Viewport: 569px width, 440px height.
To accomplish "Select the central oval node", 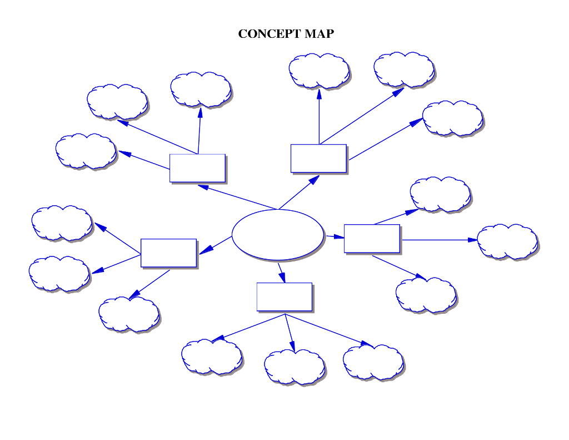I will click(x=277, y=234).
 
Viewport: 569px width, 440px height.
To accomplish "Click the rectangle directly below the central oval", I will click(x=284, y=296).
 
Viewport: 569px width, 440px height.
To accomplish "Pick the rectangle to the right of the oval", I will click(x=372, y=238).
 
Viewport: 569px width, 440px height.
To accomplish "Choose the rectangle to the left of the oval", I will click(x=168, y=253).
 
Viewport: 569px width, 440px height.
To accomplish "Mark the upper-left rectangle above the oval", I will click(x=197, y=167).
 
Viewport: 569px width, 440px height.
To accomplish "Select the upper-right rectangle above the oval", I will click(x=318, y=158).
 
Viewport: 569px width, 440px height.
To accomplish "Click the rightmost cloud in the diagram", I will click(x=507, y=241).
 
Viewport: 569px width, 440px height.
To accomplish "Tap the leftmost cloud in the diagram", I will click(x=59, y=274).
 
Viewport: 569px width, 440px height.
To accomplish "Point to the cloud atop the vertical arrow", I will click(x=319, y=71).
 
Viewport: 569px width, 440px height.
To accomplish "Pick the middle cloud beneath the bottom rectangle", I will click(x=295, y=367).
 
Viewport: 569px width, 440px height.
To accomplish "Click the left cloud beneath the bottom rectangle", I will click(x=212, y=357).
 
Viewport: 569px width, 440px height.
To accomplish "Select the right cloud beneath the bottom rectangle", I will click(x=373, y=362).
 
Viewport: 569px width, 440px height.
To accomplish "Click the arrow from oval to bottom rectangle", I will click(x=281, y=272).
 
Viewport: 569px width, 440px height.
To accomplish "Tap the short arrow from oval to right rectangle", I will click(x=335, y=236).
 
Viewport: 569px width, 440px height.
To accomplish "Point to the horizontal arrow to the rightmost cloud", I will click(x=439, y=240).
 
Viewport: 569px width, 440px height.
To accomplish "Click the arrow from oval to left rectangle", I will click(x=216, y=245).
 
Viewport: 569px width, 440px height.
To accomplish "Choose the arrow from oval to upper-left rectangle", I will click(x=237, y=197).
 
